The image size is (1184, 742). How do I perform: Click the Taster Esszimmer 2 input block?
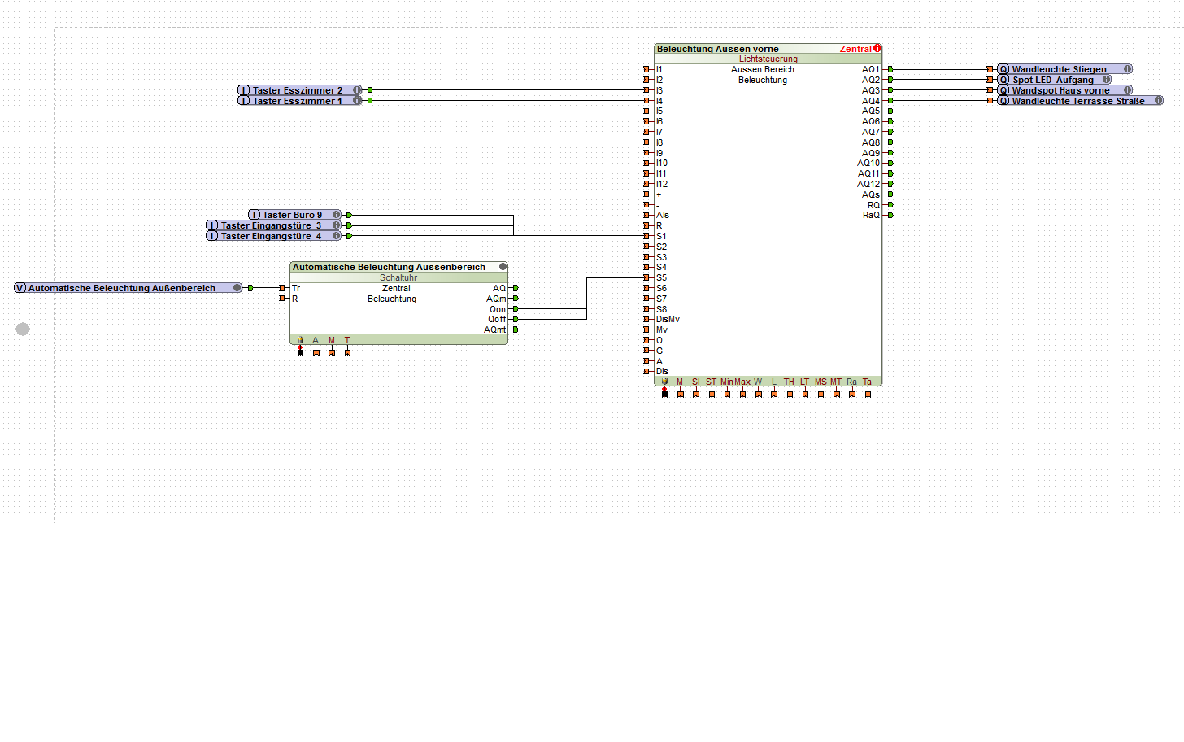coord(298,90)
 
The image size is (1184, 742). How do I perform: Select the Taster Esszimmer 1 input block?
coord(298,101)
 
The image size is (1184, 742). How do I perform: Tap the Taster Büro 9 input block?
coord(293,215)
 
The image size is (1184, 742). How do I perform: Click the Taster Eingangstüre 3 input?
coord(272,225)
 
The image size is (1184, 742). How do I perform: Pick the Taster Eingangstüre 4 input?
coord(272,236)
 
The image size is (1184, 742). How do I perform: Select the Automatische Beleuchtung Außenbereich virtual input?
coord(123,288)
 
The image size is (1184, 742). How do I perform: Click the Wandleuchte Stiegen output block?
coord(1060,69)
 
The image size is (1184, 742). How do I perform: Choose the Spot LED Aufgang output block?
coord(1053,80)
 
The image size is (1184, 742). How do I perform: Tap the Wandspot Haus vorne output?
coord(1061,90)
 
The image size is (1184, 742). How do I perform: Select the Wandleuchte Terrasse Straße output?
coord(1078,101)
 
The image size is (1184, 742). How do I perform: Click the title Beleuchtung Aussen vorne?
coord(718,49)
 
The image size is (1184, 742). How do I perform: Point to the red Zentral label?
coord(855,49)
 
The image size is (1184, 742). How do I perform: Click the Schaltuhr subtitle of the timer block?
coord(398,277)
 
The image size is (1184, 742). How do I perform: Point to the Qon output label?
coord(497,309)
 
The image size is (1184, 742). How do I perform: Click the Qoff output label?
coord(497,319)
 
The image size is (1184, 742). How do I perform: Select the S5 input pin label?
coord(661,277)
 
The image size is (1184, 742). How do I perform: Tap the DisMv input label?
coord(668,319)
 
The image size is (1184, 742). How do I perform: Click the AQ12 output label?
coord(868,184)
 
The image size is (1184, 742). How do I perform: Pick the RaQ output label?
coord(871,215)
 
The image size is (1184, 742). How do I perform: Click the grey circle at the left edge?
coord(23,329)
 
